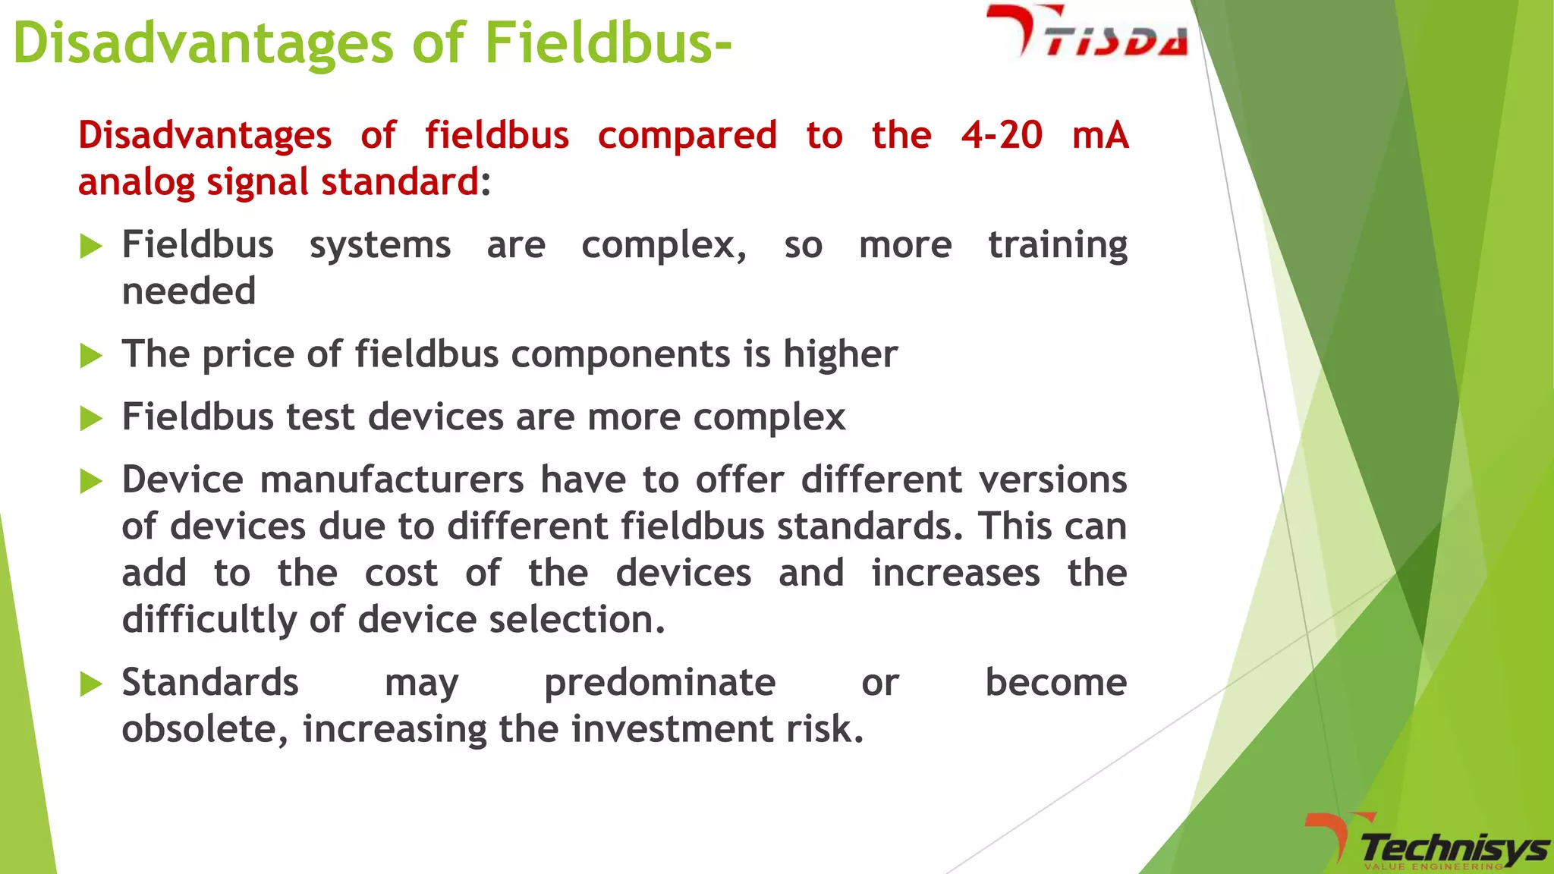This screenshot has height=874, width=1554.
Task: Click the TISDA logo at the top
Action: [1087, 34]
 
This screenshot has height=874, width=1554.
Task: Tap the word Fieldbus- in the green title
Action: [608, 43]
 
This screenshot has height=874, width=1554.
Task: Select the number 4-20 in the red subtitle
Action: [1002, 136]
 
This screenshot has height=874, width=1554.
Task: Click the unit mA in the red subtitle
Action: [1100, 136]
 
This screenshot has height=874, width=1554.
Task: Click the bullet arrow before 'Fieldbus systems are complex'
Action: [91, 247]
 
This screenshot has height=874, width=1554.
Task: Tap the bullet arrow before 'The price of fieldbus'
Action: [91, 355]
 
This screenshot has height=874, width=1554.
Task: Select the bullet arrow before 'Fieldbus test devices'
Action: [91, 418]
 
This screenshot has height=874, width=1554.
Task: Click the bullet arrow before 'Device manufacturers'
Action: [91, 481]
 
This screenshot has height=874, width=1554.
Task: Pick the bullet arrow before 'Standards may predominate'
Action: [91, 684]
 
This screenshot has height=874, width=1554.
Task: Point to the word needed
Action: [189, 291]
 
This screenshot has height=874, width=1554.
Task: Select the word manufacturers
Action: [392, 480]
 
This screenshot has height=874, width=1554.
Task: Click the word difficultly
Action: [209, 620]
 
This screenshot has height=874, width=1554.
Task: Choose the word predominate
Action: [659, 683]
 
